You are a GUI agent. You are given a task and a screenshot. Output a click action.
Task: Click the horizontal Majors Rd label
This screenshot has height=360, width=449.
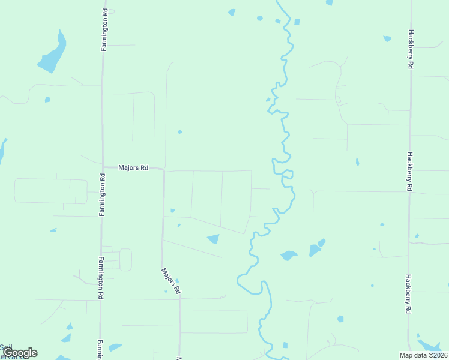point(133,169)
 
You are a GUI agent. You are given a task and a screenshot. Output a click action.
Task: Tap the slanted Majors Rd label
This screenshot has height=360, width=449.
point(170,280)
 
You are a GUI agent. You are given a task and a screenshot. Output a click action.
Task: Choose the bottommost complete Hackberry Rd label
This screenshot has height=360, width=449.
point(408,294)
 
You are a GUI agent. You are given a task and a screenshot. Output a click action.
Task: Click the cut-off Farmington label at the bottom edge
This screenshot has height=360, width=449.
point(100,350)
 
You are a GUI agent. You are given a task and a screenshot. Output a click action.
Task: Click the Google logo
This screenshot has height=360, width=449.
point(19,352)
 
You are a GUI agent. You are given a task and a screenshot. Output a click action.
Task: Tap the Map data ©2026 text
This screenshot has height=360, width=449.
point(423,355)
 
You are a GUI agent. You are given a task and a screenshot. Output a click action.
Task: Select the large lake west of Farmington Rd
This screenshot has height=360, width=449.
point(52,55)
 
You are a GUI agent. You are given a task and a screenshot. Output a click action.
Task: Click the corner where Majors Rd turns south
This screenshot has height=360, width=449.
point(163,170)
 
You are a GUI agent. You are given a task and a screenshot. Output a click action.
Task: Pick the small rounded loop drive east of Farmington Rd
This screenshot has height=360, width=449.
point(125,260)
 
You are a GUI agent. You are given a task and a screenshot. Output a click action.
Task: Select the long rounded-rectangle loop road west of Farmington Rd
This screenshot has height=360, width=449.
point(50,190)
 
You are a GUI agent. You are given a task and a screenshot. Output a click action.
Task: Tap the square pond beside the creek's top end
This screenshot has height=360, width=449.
point(297,22)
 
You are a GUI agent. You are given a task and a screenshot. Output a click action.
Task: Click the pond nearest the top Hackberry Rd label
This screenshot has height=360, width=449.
point(387,38)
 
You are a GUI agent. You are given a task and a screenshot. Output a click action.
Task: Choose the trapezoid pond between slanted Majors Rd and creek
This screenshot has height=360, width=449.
point(213,239)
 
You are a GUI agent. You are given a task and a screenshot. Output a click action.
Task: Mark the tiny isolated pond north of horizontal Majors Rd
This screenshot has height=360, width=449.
point(179,132)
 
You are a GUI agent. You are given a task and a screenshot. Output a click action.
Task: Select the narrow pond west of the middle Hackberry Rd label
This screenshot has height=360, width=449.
point(357,162)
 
